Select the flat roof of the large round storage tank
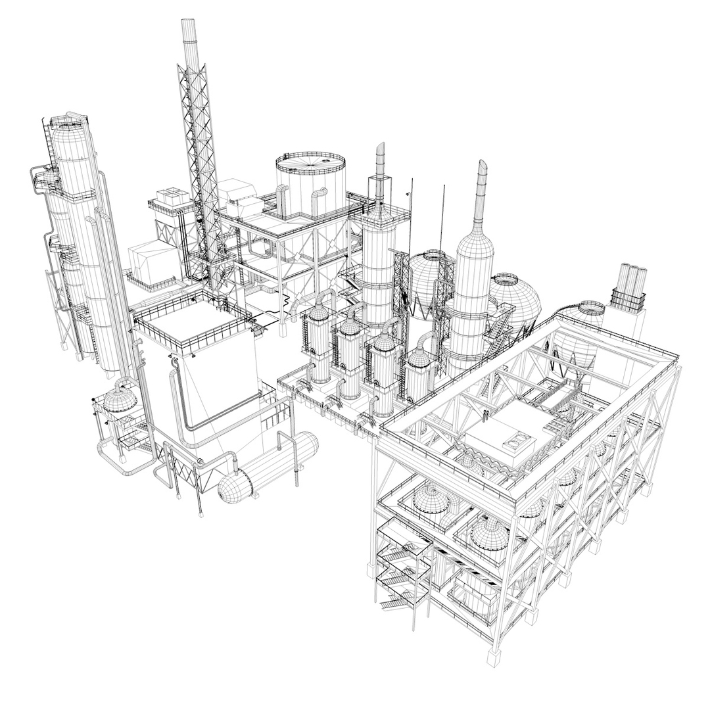pos(310,160)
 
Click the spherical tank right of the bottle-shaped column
pos(517,300)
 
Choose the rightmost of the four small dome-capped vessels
pos(418,369)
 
